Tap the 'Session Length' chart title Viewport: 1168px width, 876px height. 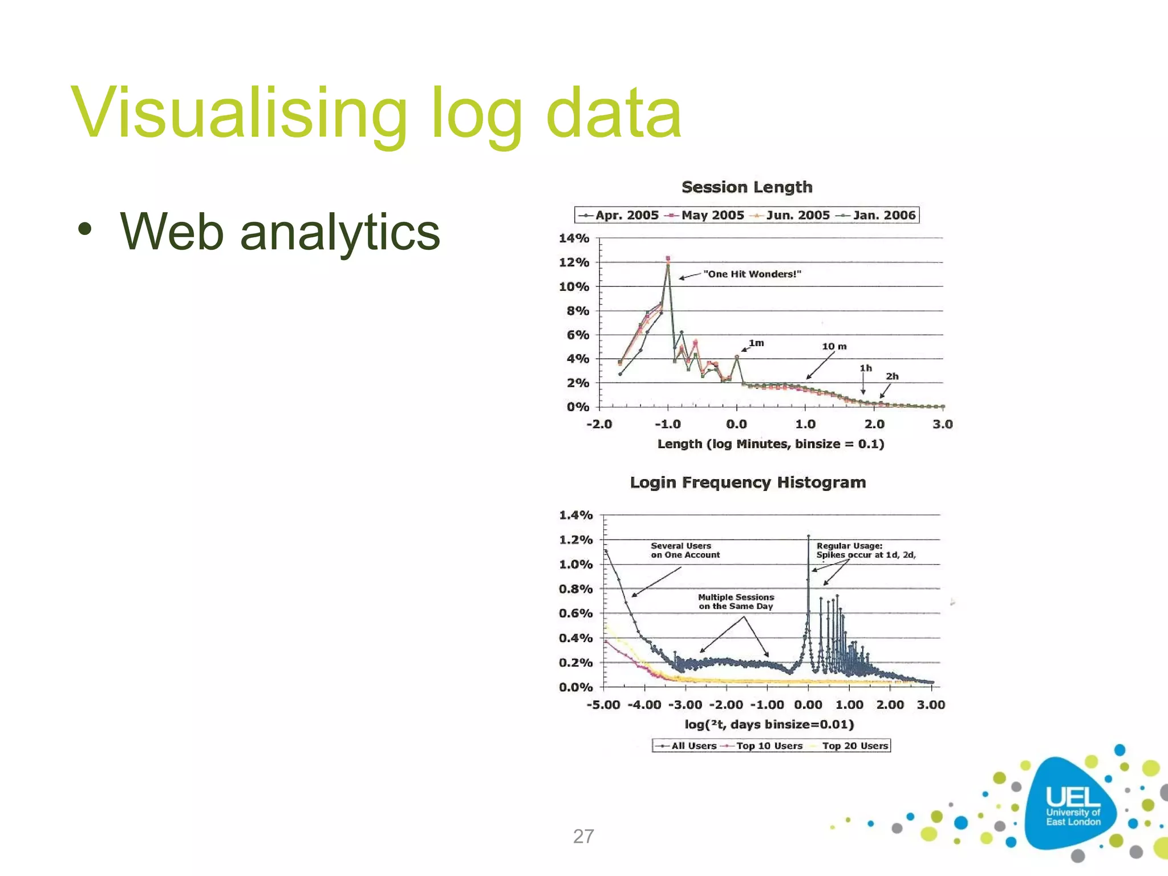(x=747, y=187)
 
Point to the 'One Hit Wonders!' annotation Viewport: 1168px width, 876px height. (x=752, y=274)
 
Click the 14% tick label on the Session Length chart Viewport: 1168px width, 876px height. (x=573, y=238)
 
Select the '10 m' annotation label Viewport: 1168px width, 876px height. (x=834, y=346)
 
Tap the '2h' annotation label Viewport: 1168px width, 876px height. (x=892, y=376)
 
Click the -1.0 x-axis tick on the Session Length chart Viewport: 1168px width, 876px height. (x=667, y=424)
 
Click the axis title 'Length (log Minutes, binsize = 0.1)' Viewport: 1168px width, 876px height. (x=770, y=444)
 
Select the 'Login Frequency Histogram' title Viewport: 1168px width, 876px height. (x=748, y=482)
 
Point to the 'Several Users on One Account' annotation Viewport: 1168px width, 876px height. (x=684, y=550)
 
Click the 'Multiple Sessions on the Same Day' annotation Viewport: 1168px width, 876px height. (x=736, y=602)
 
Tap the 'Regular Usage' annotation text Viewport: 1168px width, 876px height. (x=865, y=550)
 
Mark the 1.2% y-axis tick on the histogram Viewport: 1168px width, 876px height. (x=575, y=540)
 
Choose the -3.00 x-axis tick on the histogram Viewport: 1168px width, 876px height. (x=685, y=705)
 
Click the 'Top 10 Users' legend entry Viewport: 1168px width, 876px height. (x=768, y=746)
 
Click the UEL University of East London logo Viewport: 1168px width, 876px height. (x=1072, y=805)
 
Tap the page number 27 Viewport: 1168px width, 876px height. (x=583, y=836)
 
